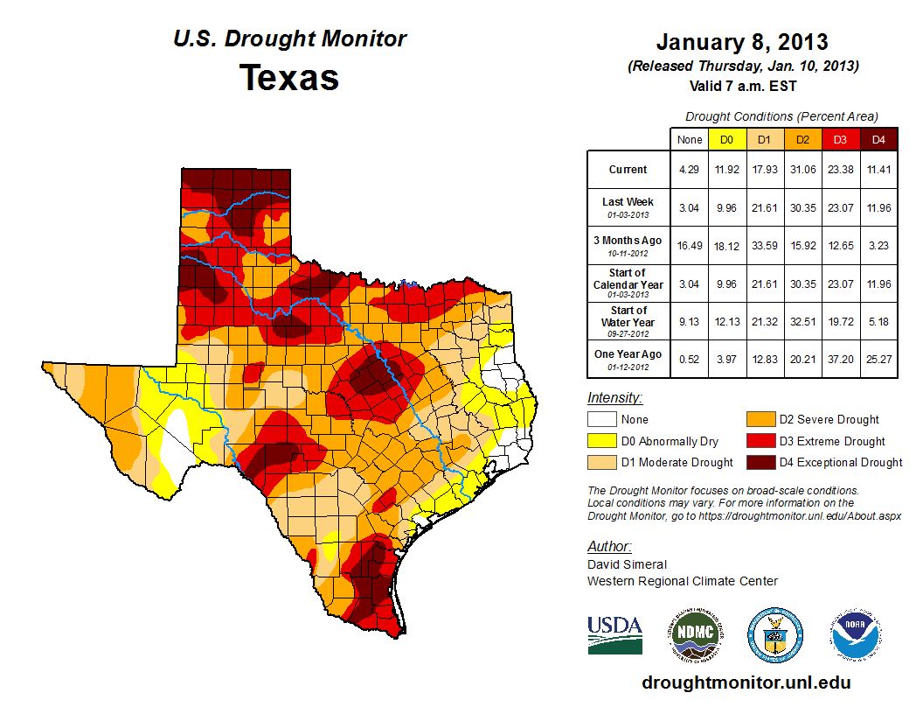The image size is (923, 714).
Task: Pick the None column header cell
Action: (689, 139)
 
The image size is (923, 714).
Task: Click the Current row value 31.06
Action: (802, 170)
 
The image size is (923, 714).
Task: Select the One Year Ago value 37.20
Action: (840, 354)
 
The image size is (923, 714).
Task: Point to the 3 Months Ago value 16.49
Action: (689, 241)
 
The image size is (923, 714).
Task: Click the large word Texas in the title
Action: (289, 78)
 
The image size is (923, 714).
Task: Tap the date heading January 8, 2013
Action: (742, 42)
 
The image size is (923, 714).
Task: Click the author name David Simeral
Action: (627, 564)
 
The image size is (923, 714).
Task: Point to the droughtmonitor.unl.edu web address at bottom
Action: (746, 682)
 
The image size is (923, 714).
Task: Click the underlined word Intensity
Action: (615, 398)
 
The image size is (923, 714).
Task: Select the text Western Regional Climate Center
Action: (683, 581)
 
